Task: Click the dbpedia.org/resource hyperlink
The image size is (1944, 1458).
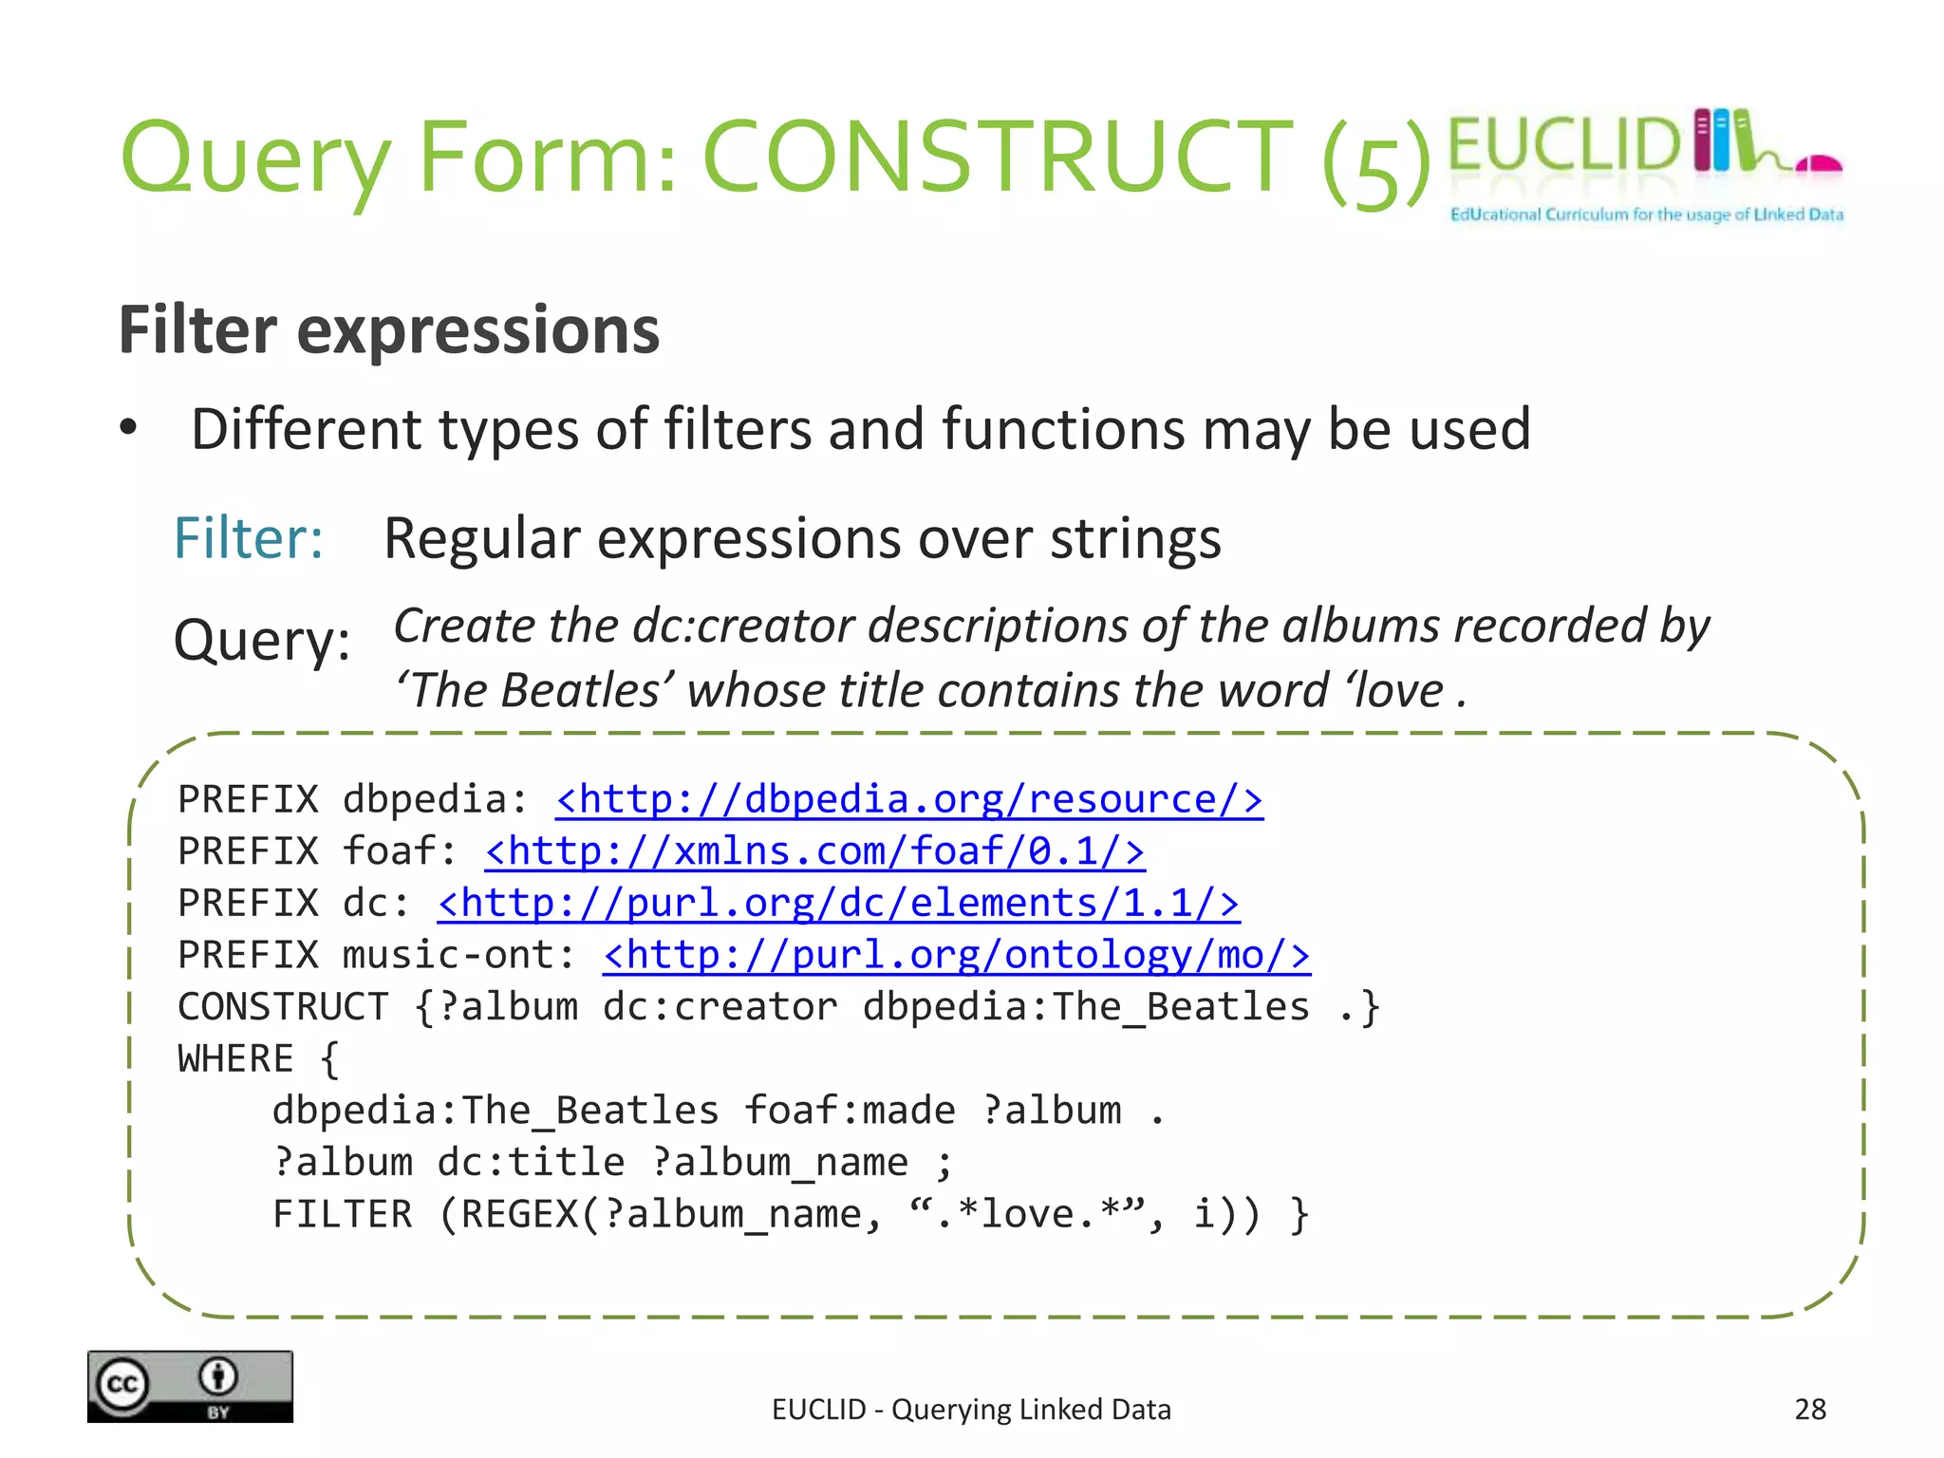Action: tap(908, 799)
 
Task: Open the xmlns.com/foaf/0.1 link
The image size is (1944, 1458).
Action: tap(814, 851)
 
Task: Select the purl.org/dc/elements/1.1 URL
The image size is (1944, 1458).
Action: tap(837, 903)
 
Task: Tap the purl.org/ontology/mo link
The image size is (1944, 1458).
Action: tap(956, 955)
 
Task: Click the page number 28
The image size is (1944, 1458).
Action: tap(1809, 1409)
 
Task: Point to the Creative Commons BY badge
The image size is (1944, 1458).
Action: tap(190, 1386)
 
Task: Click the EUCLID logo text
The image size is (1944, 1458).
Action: tap(1564, 145)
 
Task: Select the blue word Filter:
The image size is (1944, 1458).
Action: tap(249, 538)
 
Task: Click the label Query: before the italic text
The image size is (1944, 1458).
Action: tap(262, 640)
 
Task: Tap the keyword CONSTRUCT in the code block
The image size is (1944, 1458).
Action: tap(283, 1007)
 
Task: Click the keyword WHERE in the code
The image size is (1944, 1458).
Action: tap(235, 1059)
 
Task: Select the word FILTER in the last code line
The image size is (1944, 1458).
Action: tap(342, 1215)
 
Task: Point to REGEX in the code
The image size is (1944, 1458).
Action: tap(518, 1215)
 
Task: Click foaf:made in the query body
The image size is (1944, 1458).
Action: tap(850, 1111)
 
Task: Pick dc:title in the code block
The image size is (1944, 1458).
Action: tap(531, 1163)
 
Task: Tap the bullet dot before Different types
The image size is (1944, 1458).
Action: tap(128, 428)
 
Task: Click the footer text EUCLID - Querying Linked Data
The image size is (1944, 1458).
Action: tap(971, 1410)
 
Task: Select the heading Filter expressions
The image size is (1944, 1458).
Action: tap(388, 330)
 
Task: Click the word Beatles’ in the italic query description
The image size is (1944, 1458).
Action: tap(588, 690)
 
